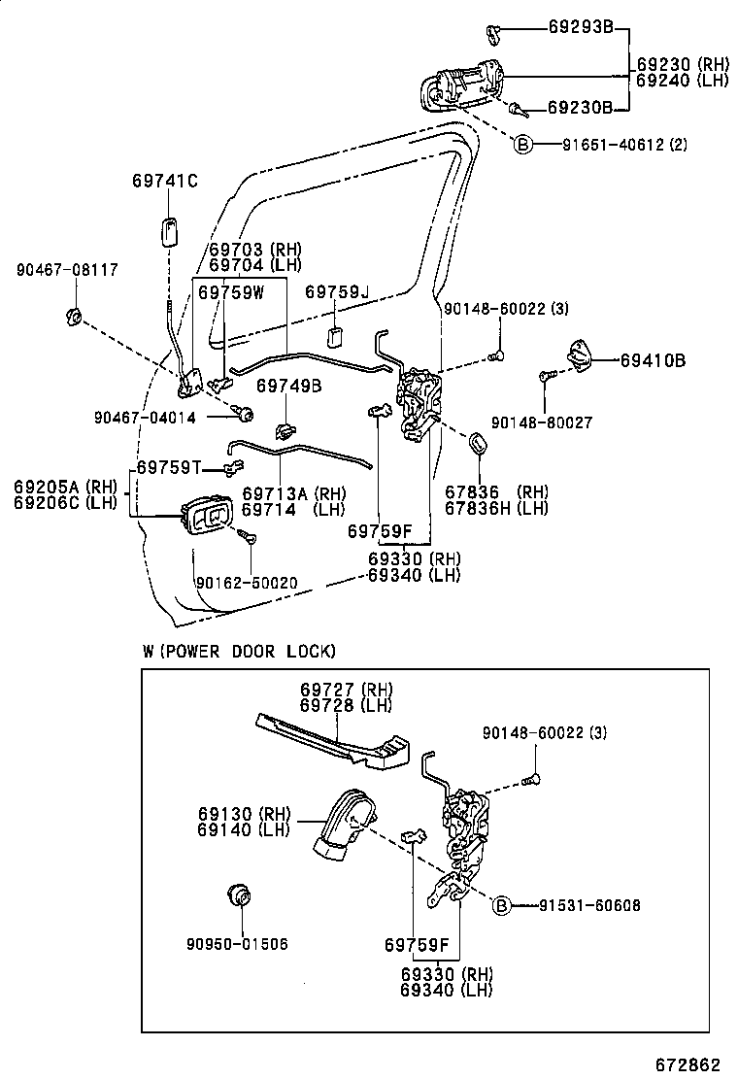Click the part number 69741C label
point(165,181)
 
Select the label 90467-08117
point(67,269)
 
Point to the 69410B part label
point(653,360)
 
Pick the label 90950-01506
point(237,943)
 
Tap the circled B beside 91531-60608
point(502,905)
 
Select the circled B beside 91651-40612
point(522,145)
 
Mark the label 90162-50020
point(247,582)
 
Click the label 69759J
point(338,292)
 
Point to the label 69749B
point(288,386)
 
